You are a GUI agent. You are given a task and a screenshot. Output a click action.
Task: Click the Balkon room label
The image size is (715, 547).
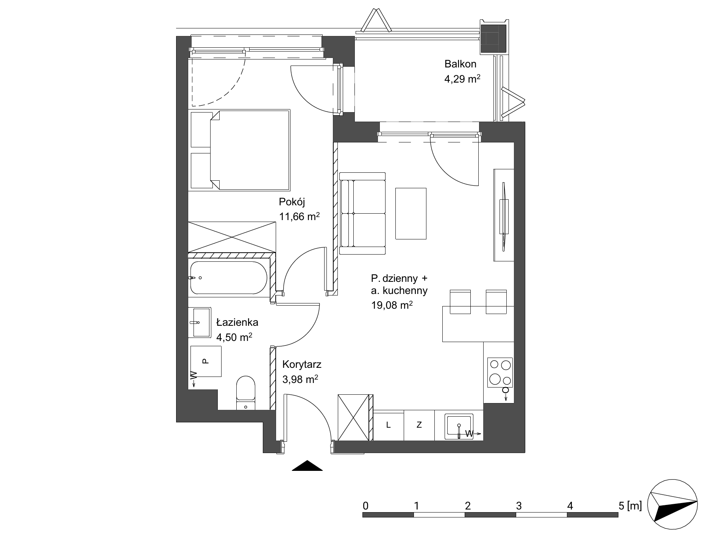[x=460, y=64]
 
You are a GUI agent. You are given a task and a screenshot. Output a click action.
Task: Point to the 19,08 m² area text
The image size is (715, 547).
[x=392, y=305]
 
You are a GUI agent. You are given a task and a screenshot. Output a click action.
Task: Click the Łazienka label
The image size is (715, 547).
[x=237, y=322]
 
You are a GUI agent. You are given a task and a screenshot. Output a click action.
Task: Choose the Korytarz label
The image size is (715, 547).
[x=302, y=365]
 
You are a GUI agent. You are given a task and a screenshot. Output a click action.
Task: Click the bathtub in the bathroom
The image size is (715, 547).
[x=228, y=278]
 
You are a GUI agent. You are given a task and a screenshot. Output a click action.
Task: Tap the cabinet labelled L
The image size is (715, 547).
[x=389, y=425]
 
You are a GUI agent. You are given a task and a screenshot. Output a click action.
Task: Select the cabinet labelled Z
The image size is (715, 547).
[x=419, y=425]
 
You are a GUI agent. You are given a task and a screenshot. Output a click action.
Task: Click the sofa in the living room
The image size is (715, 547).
[x=362, y=213]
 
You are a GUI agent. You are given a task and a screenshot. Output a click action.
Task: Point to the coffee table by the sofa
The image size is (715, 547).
[x=411, y=214]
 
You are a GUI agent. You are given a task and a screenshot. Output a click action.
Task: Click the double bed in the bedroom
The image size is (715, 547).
[x=240, y=150]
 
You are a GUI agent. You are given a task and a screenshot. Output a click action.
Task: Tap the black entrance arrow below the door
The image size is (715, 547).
[x=307, y=466]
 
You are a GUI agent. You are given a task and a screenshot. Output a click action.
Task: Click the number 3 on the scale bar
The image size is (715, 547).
[x=518, y=505]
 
